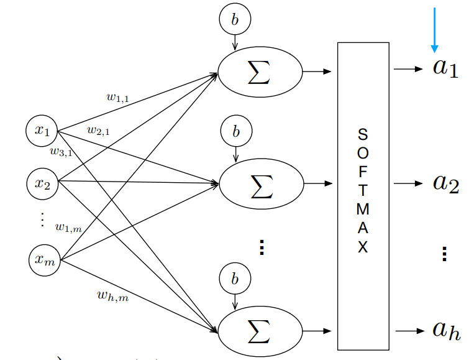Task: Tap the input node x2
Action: point(42,183)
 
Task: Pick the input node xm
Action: point(45,260)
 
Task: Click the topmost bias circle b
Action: point(234,20)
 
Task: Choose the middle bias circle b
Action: point(235,132)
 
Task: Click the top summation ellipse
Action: point(260,73)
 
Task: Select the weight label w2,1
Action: point(98,130)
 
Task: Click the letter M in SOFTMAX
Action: point(363,210)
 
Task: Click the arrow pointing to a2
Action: point(409,184)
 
